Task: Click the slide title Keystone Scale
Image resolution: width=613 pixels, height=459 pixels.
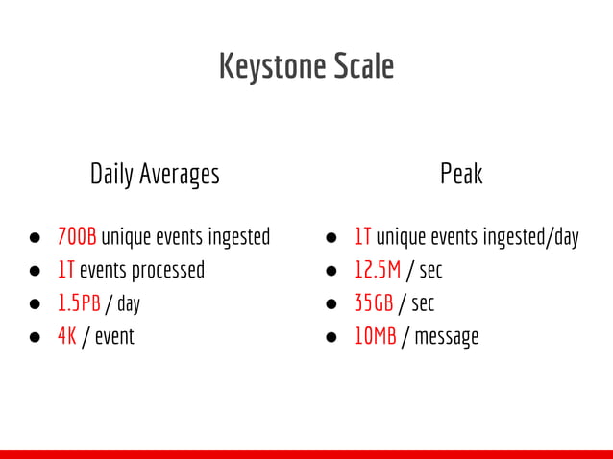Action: (306, 66)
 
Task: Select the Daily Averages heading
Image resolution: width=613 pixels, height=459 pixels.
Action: (155, 174)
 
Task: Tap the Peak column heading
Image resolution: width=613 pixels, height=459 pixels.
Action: (461, 174)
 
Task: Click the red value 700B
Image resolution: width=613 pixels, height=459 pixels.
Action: (77, 236)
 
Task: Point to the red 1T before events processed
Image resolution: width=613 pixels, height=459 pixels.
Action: (66, 270)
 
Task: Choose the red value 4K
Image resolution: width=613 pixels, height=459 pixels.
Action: (66, 337)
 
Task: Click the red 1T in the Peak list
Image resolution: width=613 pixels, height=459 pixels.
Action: (362, 236)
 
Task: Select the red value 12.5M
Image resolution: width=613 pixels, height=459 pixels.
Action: (377, 270)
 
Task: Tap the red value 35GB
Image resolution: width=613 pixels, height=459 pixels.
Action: (374, 303)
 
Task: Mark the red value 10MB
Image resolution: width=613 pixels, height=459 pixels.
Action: (375, 337)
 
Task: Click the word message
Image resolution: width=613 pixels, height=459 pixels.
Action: (447, 337)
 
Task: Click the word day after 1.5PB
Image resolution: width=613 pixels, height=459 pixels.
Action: (129, 303)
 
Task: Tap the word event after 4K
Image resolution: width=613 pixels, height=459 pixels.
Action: (114, 337)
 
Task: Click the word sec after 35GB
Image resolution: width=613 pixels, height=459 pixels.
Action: (423, 303)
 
